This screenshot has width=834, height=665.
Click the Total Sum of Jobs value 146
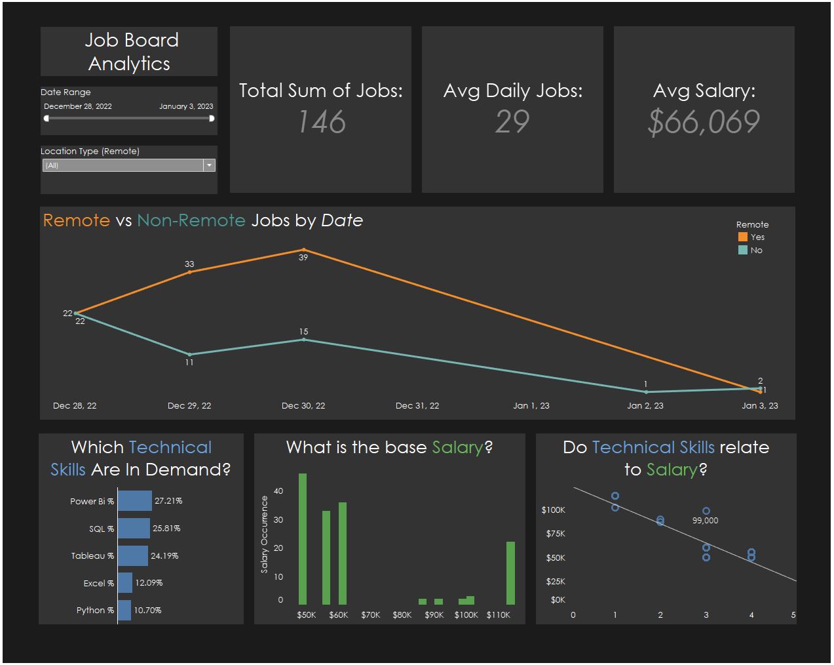321,122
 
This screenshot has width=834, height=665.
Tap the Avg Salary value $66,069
704,122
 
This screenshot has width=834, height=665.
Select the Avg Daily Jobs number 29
512,122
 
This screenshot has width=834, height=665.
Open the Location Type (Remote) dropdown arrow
210,165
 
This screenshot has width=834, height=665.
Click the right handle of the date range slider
212,119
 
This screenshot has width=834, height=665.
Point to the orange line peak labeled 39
303,250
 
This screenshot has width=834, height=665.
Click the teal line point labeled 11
190,355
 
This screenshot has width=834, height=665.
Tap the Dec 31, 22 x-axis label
417,406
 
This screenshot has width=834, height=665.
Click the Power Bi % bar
135,501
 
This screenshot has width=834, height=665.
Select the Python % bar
124,610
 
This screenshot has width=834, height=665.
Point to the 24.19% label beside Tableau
164,555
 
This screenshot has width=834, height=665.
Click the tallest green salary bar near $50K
303,538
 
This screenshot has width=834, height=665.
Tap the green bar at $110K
510,573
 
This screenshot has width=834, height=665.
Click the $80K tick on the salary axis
402,615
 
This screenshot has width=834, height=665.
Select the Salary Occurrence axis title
265,534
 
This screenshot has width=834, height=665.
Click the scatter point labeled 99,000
706,511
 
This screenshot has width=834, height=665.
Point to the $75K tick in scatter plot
554,534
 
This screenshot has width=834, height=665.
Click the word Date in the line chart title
342,220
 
